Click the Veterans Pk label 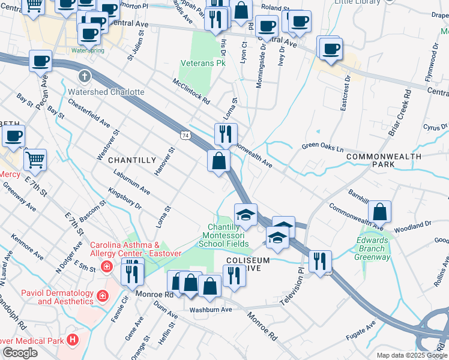coord(203,62)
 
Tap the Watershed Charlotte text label coord(106,92)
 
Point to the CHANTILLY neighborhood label coord(131,160)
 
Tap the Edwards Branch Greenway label coord(373,248)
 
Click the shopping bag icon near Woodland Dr coord(379,212)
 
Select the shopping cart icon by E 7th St coord(35,160)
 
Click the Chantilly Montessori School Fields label coord(224,236)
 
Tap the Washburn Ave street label coord(211,310)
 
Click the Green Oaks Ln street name coord(322,146)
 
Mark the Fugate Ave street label coord(363,333)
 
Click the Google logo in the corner coord(20,353)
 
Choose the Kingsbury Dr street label coord(124,197)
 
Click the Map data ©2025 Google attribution coord(411,355)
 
